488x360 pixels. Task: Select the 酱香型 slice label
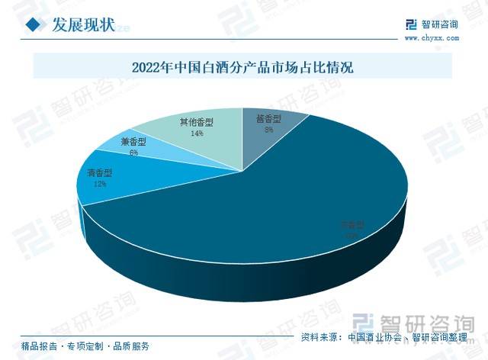click(268, 120)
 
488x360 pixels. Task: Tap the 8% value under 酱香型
click(268, 130)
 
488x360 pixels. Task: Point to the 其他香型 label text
click(197, 122)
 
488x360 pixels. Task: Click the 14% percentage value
click(197, 133)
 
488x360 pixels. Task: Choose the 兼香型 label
click(134, 142)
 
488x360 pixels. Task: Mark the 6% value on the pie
click(134, 153)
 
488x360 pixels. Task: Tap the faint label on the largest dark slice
click(352, 225)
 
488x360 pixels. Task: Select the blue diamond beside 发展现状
click(33, 25)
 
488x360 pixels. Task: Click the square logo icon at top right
click(411, 24)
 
